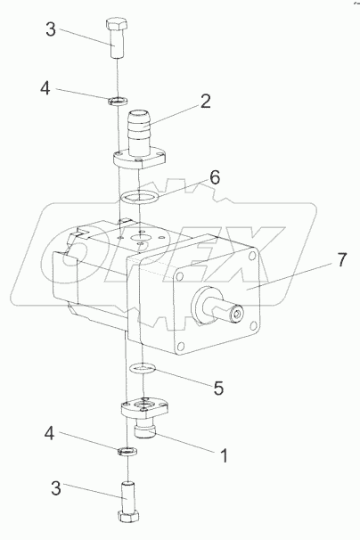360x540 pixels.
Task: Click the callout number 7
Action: click(x=341, y=259)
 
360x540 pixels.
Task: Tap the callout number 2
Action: click(x=205, y=102)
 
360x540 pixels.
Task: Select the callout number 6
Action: click(x=215, y=177)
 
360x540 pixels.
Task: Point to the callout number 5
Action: click(x=218, y=388)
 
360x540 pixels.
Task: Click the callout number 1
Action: click(x=225, y=455)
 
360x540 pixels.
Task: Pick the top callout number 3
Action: click(x=51, y=29)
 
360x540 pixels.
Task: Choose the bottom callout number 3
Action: click(x=56, y=488)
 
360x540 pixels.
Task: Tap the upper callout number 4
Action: click(x=45, y=88)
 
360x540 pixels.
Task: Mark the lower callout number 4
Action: click(x=49, y=433)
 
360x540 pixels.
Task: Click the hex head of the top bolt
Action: click(x=117, y=25)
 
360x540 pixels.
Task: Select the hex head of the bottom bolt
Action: click(x=128, y=516)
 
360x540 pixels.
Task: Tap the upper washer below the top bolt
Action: click(x=119, y=101)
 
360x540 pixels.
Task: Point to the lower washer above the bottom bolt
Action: click(x=127, y=451)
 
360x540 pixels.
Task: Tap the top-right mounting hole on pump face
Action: click(x=253, y=256)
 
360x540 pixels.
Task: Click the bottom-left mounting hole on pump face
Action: click(x=179, y=346)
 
